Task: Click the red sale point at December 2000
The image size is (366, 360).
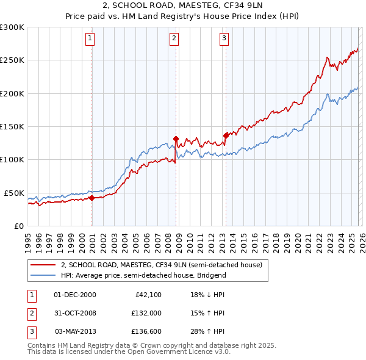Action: (x=91, y=198)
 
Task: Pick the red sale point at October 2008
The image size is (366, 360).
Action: (x=176, y=139)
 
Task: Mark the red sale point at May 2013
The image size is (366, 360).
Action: (x=225, y=135)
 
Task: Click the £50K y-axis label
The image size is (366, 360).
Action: (x=14, y=193)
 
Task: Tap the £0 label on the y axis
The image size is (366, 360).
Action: (x=19, y=226)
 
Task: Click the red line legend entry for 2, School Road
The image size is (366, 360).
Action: (x=161, y=265)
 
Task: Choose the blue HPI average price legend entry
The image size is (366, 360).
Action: (x=143, y=275)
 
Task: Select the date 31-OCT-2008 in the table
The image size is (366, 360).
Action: (x=75, y=313)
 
